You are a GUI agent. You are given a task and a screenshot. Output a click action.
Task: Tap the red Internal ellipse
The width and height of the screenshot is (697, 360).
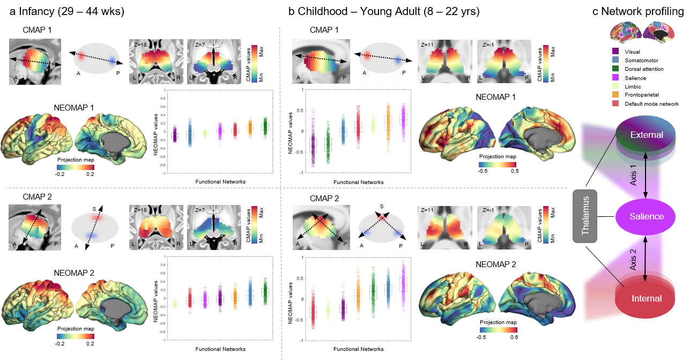coord(647,298)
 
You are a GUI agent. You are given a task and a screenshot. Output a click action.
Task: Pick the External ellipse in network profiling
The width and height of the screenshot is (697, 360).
coord(647,135)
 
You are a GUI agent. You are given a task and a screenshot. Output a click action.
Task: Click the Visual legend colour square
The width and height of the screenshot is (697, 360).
coord(616,52)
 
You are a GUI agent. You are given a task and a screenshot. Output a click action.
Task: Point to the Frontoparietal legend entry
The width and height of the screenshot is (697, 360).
coord(641,95)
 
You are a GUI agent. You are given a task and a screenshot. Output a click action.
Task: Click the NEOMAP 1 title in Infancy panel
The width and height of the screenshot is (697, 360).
coord(75,107)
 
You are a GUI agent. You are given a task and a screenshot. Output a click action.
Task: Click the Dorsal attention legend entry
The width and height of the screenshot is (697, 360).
coord(646,69)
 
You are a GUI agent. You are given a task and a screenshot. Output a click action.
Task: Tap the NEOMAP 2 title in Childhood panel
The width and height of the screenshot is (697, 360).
coord(495,264)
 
